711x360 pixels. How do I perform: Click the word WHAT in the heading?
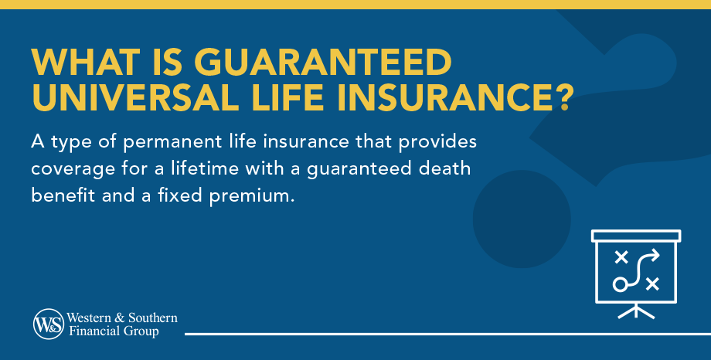[x=86, y=62]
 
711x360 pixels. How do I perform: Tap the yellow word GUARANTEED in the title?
[x=323, y=62]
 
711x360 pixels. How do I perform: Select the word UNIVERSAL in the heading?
[x=135, y=97]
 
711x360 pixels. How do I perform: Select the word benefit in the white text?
[x=63, y=195]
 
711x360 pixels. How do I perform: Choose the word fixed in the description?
[x=179, y=195]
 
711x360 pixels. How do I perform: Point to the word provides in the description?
[x=437, y=142]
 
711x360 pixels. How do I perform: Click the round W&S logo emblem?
[x=49, y=324]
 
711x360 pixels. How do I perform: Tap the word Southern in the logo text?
[x=153, y=318]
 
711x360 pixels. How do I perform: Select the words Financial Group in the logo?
[x=114, y=331]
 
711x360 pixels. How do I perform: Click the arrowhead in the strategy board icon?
[x=655, y=255]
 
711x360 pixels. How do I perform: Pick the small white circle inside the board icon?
[x=620, y=285]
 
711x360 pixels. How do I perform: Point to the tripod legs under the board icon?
[x=636, y=311]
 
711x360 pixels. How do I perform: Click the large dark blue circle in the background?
[x=522, y=219]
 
